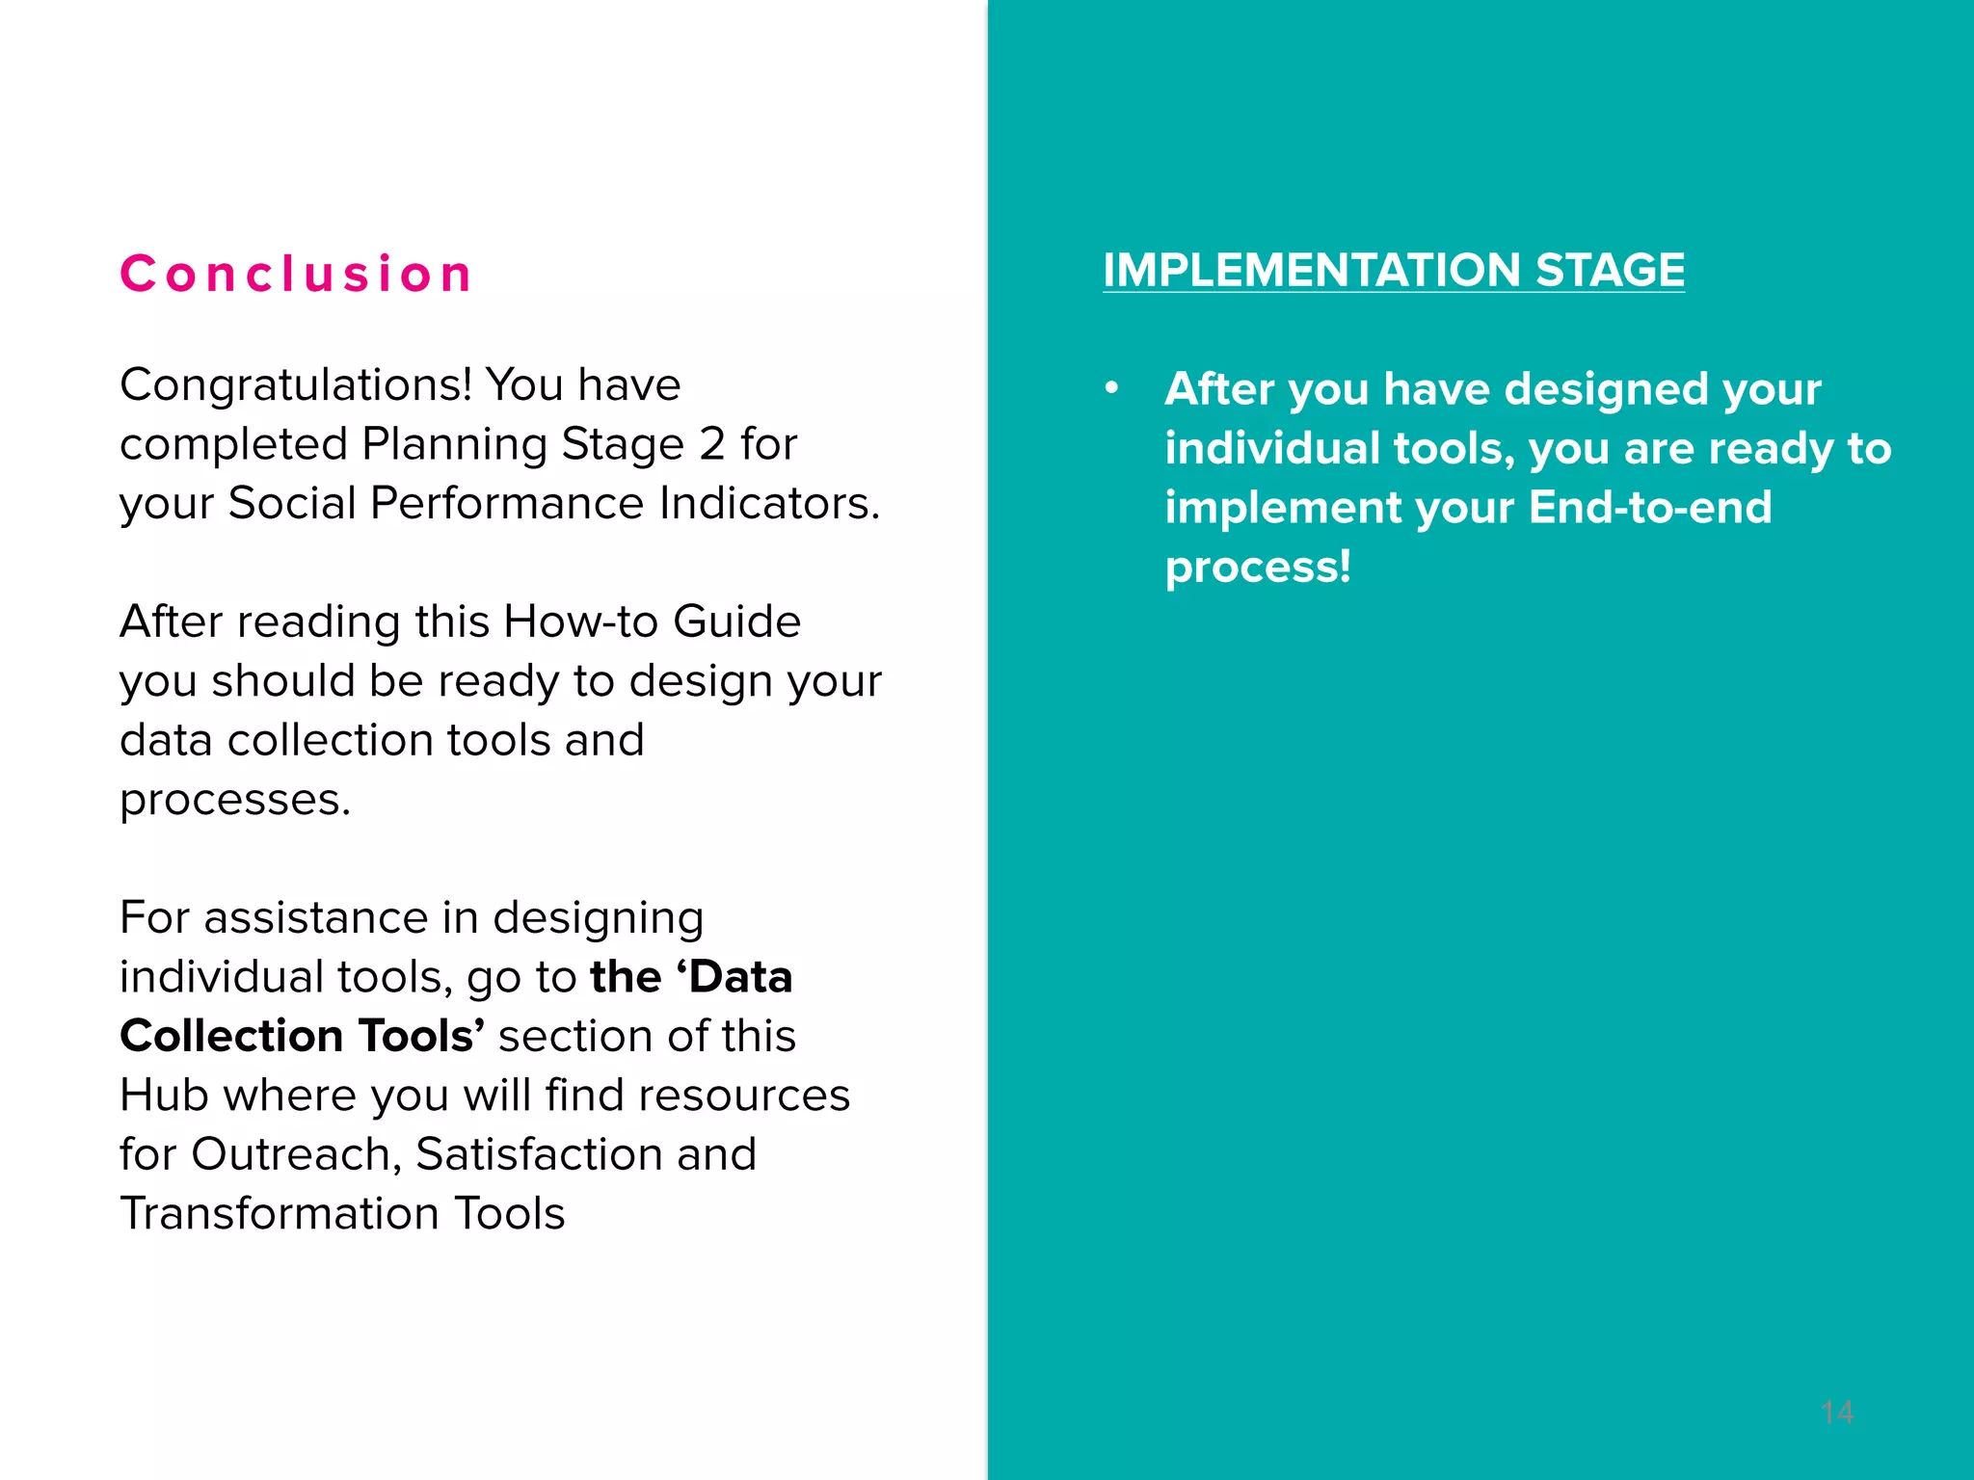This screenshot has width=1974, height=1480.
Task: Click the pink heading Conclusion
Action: [296, 274]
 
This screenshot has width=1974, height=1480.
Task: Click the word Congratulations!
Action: [296, 385]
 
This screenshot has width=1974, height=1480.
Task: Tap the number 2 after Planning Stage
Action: [711, 444]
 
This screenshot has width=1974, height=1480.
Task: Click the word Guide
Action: [736, 621]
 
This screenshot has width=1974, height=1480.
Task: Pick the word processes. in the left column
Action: [235, 800]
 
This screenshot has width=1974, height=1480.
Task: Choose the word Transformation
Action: [280, 1213]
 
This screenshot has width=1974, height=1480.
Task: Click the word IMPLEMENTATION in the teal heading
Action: [1312, 271]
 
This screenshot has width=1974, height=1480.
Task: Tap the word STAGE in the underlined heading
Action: [1610, 271]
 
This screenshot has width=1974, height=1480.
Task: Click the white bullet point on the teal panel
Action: [1112, 388]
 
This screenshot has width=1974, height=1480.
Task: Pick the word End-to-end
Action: [1649, 508]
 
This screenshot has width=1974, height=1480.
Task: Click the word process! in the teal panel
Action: [1258, 567]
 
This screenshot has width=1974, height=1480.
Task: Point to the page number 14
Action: [1837, 1413]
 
